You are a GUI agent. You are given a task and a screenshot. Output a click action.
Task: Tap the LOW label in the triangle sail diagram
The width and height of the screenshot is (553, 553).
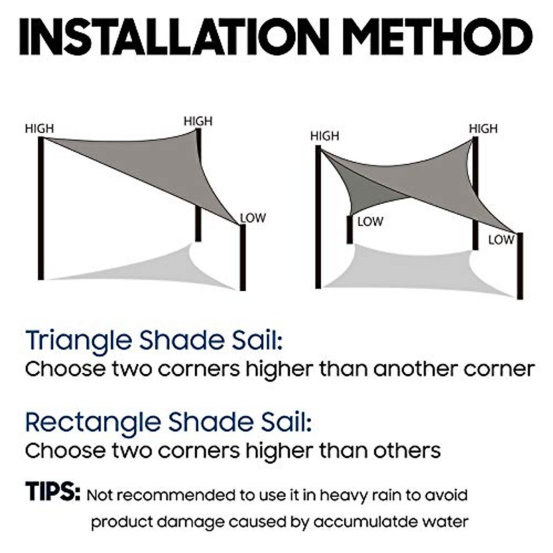[253, 218]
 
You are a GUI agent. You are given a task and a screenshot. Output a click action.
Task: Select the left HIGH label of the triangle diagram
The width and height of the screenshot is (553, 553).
[39, 129]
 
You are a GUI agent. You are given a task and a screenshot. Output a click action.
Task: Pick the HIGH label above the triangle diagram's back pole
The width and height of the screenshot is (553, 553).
[198, 121]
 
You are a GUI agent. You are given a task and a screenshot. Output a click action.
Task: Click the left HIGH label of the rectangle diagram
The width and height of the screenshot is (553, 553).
[324, 136]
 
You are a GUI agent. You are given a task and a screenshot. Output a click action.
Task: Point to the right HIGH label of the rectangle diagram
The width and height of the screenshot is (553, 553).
[483, 129]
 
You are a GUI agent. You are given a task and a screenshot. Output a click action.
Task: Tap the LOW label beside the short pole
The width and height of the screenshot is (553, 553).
[370, 222]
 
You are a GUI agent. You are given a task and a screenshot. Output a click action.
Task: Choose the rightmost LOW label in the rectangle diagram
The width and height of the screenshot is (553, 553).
[501, 240]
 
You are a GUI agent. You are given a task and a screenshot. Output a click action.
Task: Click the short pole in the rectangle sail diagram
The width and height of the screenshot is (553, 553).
[349, 229]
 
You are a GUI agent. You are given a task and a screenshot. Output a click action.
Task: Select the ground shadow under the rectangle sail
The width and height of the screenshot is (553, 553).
[415, 270]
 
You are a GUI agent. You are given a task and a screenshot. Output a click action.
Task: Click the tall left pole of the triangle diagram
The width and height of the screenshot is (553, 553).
[41, 207]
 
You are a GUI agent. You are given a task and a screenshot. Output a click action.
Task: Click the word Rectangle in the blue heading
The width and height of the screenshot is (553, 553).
[93, 422]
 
